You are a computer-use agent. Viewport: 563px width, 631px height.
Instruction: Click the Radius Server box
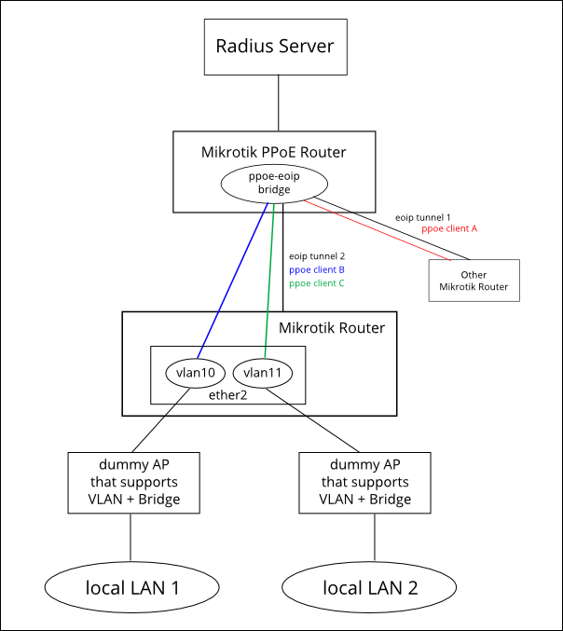click(x=275, y=47)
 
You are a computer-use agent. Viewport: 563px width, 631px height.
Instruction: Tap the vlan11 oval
click(x=262, y=372)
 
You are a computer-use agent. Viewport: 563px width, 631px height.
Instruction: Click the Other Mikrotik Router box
click(x=474, y=281)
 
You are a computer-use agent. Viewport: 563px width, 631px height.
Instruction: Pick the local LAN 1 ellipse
click(x=131, y=587)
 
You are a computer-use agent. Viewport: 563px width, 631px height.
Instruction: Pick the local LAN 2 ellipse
click(x=369, y=587)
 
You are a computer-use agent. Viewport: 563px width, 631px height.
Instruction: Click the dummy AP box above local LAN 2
click(x=365, y=482)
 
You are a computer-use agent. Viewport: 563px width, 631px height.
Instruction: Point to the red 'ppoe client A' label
click(x=450, y=227)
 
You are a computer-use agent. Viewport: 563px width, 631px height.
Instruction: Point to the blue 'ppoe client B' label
click(x=317, y=268)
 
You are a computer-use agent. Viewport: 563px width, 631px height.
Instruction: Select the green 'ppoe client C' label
click(x=317, y=281)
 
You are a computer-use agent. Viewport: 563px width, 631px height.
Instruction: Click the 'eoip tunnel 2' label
click(x=317, y=255)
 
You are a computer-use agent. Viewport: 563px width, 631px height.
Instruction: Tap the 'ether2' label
click(x=227, y=394)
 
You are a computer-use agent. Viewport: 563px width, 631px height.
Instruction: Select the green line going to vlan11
click(x=268, y=280)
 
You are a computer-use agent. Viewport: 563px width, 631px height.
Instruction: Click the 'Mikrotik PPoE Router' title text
click(x=274, y=151)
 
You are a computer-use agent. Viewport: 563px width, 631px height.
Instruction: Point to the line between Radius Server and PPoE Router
click(x=278, y=103)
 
